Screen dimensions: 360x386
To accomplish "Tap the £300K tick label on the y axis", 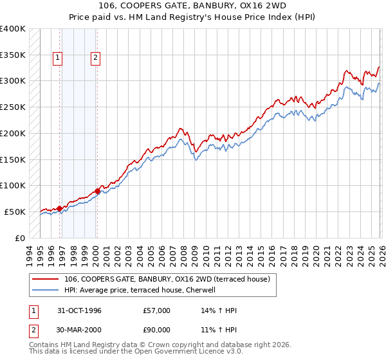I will (13, 81).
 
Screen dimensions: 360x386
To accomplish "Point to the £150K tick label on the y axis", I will (13, 159).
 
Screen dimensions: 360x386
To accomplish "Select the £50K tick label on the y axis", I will (15, 212).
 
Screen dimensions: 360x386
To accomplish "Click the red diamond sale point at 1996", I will (60, 208).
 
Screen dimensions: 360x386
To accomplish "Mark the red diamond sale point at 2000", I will (97, 191).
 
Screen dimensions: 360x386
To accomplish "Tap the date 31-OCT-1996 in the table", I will (79, 310).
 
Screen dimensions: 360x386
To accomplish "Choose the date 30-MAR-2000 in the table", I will (79, 330).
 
